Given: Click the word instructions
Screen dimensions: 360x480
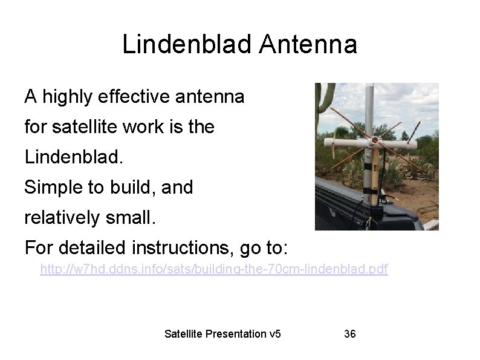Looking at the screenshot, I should pos(186,248).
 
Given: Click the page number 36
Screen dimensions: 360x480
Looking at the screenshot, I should pos(349,333).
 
